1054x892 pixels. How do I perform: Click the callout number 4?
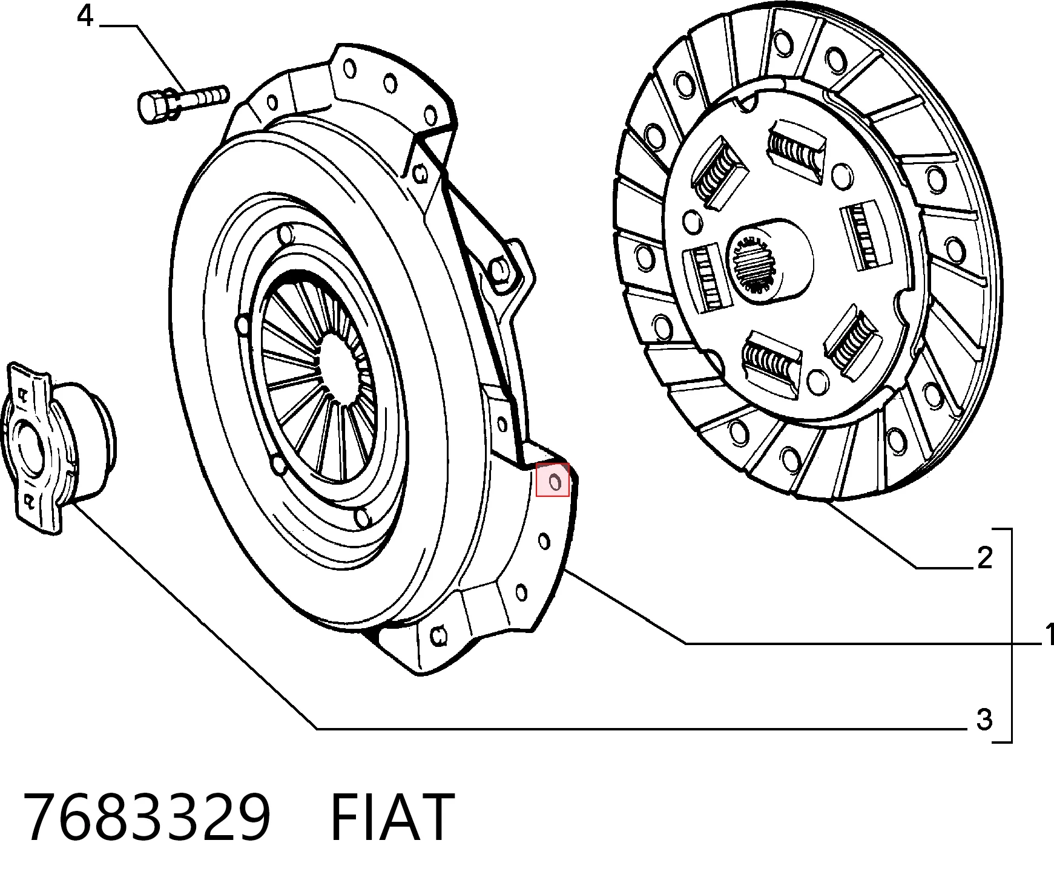pyautogui.click(x=85, y=16)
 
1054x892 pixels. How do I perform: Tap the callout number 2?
pyautogui.click(x=985, y=557)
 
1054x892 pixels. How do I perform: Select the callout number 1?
pyautogui.click(x=1048, y=634)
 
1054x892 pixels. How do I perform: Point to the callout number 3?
pyautogui.click(x=984, y=720)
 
